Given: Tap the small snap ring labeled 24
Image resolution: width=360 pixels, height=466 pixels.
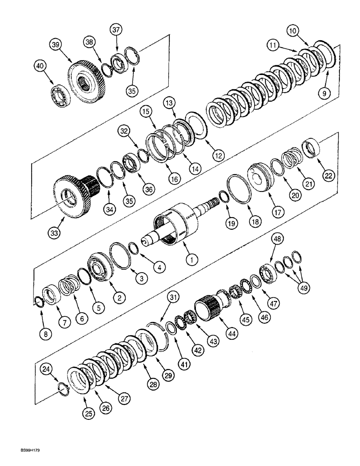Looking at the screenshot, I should coord(64,388).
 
